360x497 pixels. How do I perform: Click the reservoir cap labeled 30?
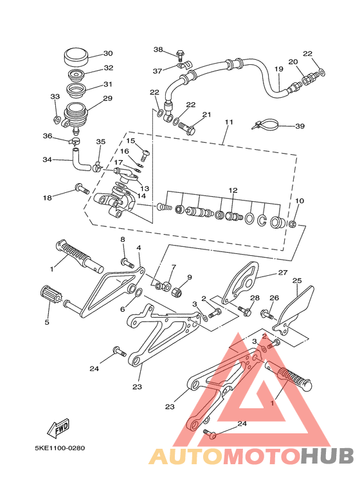pyautogui.click(x=75, y=57)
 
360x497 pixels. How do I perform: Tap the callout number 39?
pyautogui.click(x=300, y=126)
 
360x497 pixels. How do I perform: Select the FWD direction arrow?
pyautogui.click(x=58, y=429)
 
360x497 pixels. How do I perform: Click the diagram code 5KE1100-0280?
pyautogui.click(x=60, y=448)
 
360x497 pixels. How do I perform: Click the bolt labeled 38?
pyautogui.click(x=180, y=55)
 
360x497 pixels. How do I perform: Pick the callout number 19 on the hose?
pyautogui.click(x=278, y=69)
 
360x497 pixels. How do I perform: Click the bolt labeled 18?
pyautogui.click(x=82, y=189)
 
